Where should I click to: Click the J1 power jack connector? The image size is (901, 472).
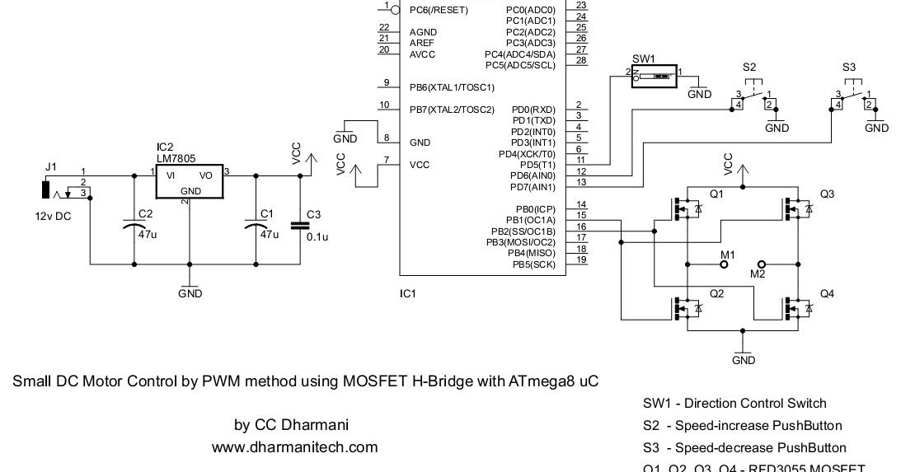(x=45, y=189)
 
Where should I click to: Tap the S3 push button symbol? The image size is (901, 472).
(x=852, y=95)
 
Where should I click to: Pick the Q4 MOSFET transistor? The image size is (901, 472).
(x=797, y=307)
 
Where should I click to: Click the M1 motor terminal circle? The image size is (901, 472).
(x=724, y=265)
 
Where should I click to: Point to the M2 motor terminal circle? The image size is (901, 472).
(x=761, y=264)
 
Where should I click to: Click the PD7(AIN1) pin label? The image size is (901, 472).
(x=533, y=187)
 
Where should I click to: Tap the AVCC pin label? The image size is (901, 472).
(x=422, y=54)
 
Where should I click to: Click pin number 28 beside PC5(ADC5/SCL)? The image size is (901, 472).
(x=580, y=60)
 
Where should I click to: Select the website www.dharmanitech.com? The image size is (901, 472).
(x=294, y=447)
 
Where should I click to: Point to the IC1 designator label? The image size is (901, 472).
(x=407, y=292)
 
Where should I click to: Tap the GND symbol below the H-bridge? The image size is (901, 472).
(x=743, y=355)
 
